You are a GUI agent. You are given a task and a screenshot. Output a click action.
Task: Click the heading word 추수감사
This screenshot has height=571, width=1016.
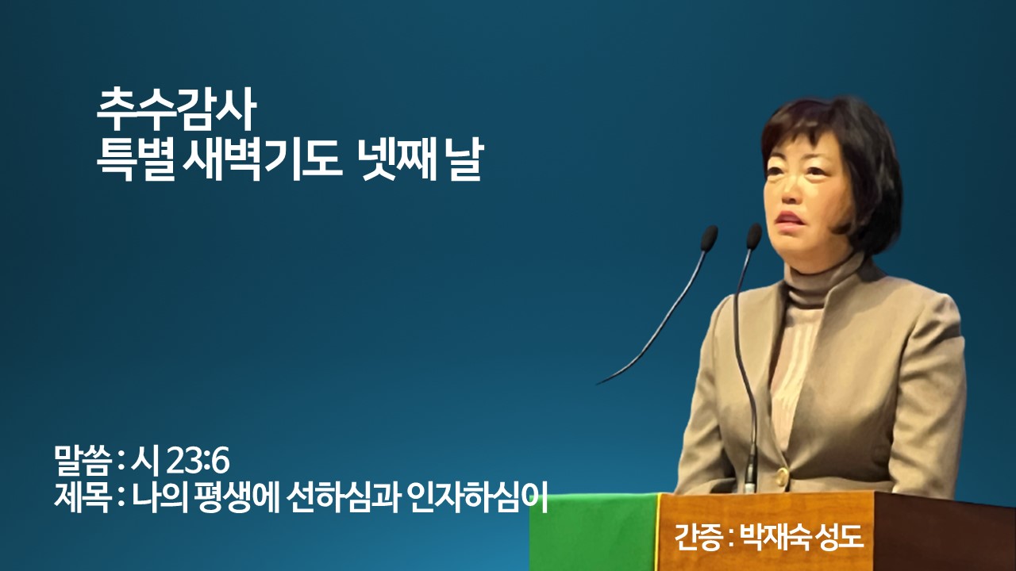point(176,110)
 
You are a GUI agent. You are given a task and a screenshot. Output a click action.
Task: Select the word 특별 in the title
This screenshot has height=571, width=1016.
point(135,161)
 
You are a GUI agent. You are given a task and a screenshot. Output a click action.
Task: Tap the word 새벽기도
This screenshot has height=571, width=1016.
point(262,161)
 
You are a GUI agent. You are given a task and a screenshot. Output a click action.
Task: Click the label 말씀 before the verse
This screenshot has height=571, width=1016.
point(83,462)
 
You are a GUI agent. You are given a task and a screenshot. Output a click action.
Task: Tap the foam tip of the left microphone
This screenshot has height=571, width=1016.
point(709,239)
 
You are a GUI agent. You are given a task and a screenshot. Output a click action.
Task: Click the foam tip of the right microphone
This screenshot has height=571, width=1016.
point(754,236)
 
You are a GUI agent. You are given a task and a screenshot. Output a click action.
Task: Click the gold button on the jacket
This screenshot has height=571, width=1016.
point(782,475)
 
